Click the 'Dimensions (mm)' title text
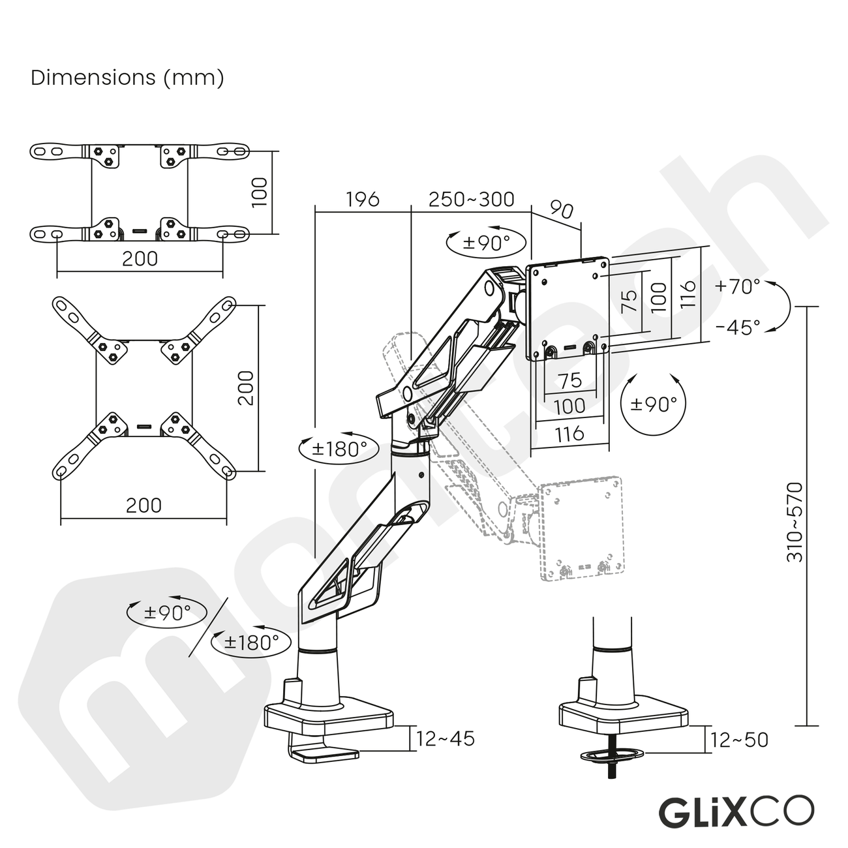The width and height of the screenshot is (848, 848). click(x=128, y=78)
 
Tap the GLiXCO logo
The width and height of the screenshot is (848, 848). click(x=736, y=811)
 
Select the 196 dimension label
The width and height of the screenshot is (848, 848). click(x=362, y=199)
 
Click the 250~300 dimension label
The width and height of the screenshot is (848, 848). click(x=471, y=199)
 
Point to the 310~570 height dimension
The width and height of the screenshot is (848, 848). click(x=795, y=522)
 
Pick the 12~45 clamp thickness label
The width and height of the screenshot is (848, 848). click(x=446, y=739)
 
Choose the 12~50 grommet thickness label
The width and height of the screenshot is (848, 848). click(x=739, y=740)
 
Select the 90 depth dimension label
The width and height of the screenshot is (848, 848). click(x=560, y=210)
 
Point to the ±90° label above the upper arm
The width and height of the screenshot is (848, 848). click(x=486, y=243)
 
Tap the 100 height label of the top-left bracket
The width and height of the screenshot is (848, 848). click(x=260, y=192)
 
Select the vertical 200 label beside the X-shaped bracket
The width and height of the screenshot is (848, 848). click(x=246, y=387)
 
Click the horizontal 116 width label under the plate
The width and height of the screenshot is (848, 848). click(x=569, y=434)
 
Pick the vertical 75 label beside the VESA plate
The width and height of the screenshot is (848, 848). click(x=628, y=301)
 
